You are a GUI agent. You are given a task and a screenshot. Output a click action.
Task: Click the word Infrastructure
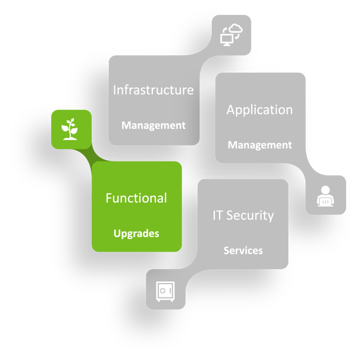(x=153, y=90)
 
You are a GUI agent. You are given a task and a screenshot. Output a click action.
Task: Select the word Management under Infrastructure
(x=153, y=126)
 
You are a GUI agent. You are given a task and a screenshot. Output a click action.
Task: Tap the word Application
(x=259, y=110)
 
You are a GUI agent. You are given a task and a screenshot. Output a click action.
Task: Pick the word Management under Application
(x=259, y=145)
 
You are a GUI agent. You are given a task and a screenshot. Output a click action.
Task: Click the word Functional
(x=136, y=198)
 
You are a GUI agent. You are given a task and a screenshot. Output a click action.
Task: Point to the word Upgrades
(x=136, y=233)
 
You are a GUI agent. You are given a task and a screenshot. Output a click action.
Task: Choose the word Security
(x=251, y=215)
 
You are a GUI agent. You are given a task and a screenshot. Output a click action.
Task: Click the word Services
(x=243, y=250)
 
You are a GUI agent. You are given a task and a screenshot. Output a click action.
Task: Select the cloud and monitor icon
(x=232, y=34)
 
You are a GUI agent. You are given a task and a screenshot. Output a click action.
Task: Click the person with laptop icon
(x=326, y=195)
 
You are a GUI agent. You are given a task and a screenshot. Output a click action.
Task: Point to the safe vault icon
(x=165, y=290)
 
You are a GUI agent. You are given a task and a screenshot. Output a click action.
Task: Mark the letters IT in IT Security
(x=219, y=215)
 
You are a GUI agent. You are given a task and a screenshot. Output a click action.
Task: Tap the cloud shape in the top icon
(x=235, y=30)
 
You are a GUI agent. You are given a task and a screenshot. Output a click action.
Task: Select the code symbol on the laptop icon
(x=326, y=202)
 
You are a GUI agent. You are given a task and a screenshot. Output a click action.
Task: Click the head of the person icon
(x=326, y=190)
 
